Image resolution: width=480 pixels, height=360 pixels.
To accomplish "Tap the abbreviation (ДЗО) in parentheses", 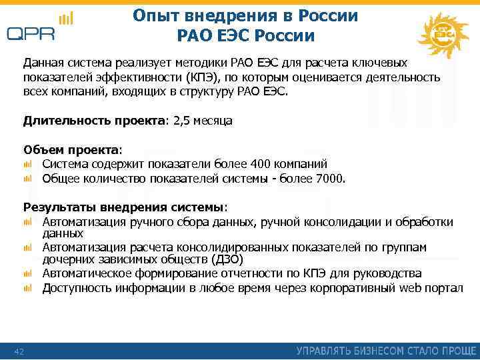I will tap(227, 259).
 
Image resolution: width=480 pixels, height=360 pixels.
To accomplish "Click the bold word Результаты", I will tap(57, 207).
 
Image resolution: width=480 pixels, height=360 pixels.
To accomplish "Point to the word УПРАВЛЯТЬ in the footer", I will tap(325, 351).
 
